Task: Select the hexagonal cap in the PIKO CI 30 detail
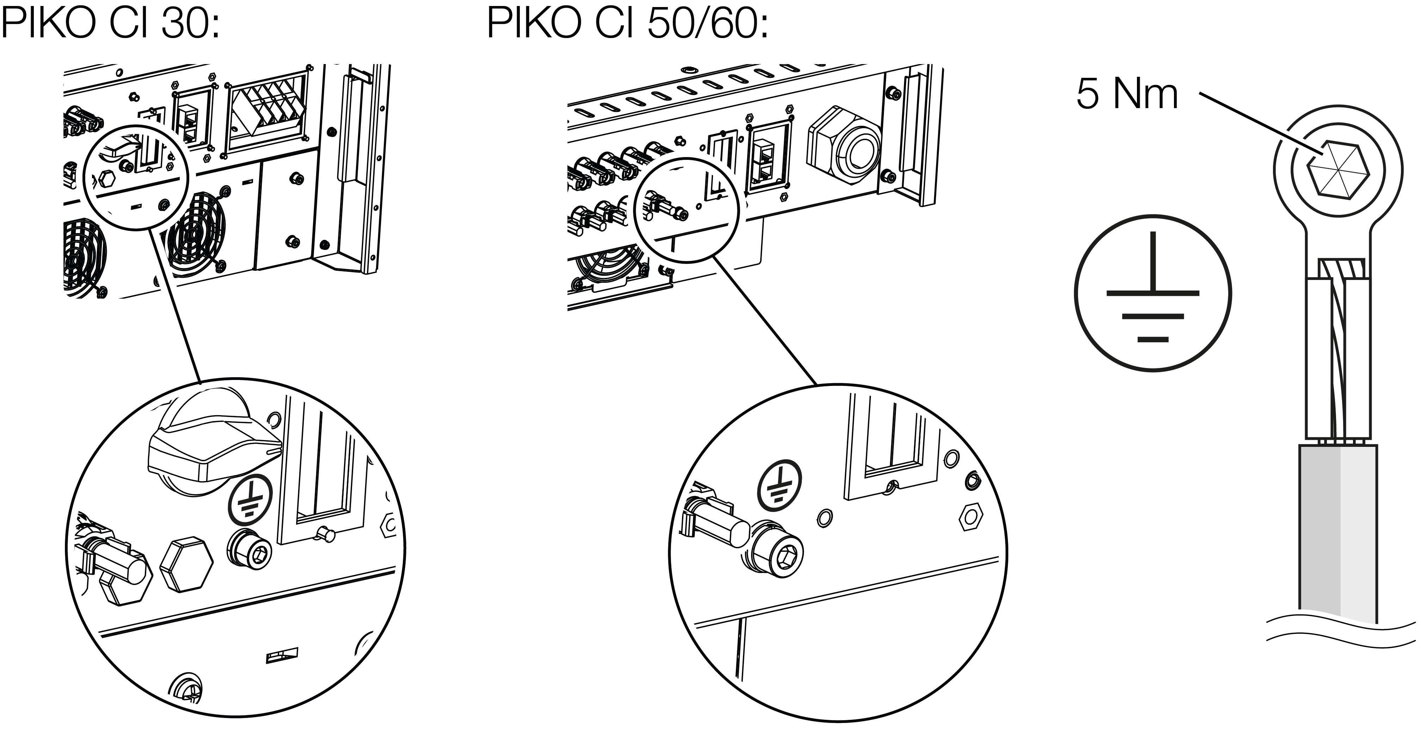[x=186, y=565]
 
